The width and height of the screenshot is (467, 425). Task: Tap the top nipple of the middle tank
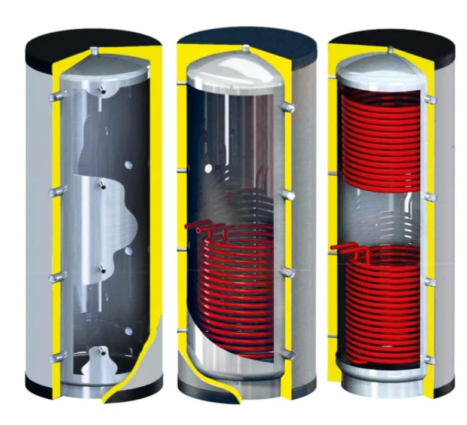point(245,48)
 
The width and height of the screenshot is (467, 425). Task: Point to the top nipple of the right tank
point(390,50)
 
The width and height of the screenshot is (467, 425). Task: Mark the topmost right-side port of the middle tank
point(287,108)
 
